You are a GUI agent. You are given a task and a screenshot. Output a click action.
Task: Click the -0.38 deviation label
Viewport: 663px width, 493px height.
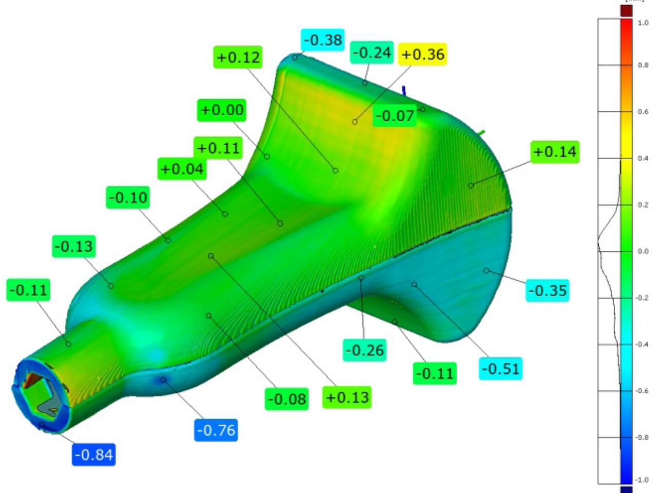tap(323, 40)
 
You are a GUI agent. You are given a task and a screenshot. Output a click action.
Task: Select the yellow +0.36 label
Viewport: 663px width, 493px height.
tap(423, 54)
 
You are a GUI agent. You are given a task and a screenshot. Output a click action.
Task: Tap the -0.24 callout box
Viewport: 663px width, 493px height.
tap(372, 53)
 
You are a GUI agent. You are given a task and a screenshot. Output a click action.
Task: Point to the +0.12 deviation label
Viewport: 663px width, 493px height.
tap(238, 57)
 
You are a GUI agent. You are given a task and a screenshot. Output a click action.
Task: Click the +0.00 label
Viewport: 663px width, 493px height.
tap(222, 110)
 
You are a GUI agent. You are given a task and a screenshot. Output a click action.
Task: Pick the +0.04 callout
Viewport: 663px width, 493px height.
tap(182, 169)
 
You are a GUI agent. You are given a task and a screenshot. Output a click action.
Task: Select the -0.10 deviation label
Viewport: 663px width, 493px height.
tap(128, 198)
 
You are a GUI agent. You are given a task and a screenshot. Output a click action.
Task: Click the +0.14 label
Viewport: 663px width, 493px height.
tap(555, 152)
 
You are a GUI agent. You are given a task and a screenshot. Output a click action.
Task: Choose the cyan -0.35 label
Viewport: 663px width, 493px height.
tap(548, 290)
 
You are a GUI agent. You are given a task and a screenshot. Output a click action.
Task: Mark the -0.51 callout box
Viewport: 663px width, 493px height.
tap(501, 369)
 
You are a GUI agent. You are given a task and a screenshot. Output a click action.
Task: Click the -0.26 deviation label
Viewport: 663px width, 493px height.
tap(365, 350)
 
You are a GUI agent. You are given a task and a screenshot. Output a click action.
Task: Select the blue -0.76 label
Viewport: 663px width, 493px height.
tap(216, 430)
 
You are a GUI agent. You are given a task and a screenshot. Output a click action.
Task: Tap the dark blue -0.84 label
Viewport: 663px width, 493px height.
tap(93, 455)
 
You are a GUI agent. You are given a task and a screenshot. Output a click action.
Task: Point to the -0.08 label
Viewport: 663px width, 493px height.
tap(287, 399)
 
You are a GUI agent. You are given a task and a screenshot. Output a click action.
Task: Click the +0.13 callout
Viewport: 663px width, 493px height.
tap(347, 397)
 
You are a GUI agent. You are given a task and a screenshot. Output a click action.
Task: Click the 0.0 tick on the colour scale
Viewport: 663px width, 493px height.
tap(642, 251)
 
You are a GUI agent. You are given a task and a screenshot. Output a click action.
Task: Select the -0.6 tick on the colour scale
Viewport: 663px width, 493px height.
tap(642, 391)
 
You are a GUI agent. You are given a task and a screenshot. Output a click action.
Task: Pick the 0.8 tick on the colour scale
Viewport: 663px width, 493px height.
tap(642, 65)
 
